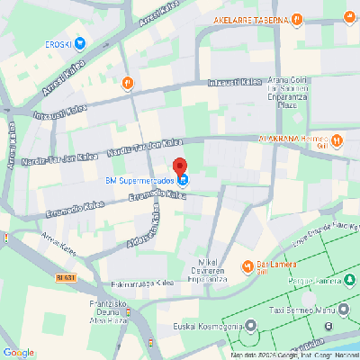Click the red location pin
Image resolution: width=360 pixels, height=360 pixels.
click(x=179, y=166)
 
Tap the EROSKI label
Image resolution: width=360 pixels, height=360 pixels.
click(x=58, y=42)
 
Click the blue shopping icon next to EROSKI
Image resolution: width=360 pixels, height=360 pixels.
click(x=80, y=42)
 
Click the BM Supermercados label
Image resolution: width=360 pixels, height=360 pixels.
click(x=139, y=180)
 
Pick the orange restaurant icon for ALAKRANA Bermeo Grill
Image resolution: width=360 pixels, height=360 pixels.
click(x=337, y=140)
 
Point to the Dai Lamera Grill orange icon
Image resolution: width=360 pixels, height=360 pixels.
click(x=247, y=265)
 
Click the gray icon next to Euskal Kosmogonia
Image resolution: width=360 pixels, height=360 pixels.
click(x=252, y=327)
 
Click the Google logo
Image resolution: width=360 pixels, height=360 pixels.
click(x=19, y=351)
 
